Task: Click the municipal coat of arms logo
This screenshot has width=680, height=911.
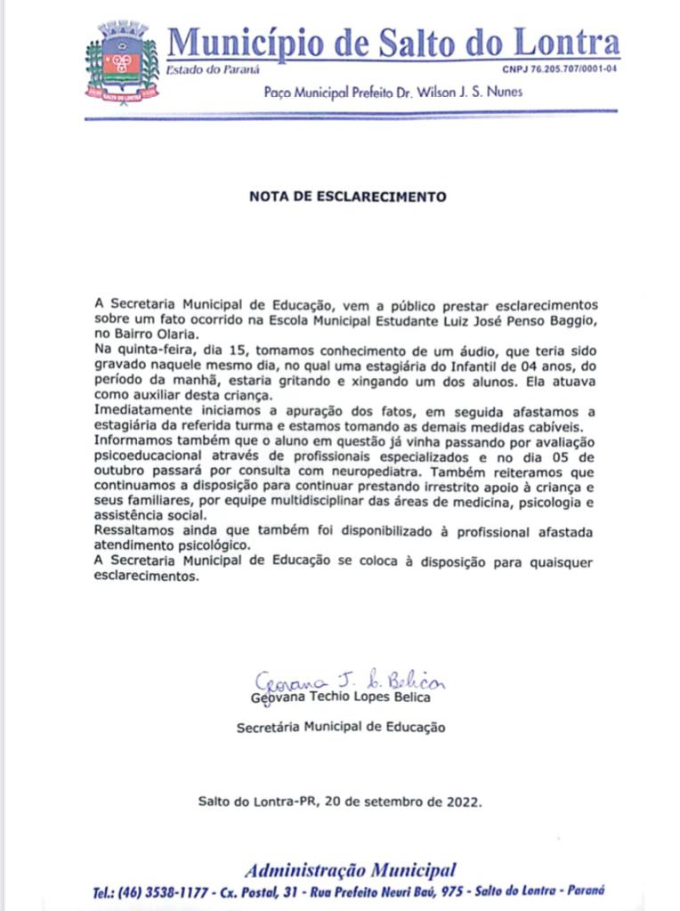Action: (x=123, y=60)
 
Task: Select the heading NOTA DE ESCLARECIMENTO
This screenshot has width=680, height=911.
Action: (x=347, y=197)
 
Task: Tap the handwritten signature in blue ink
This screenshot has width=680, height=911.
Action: (x=350, y=681)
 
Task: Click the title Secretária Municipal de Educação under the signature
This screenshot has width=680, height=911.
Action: (x=341, y=727)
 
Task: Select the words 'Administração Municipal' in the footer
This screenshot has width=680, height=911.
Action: (x=350, y=870)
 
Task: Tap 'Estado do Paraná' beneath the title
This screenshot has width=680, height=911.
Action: (x=201, y=70)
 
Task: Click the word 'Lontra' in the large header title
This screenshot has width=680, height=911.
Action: (x=564, y=42)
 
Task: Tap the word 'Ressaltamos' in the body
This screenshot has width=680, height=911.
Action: (x=133, y=531)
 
